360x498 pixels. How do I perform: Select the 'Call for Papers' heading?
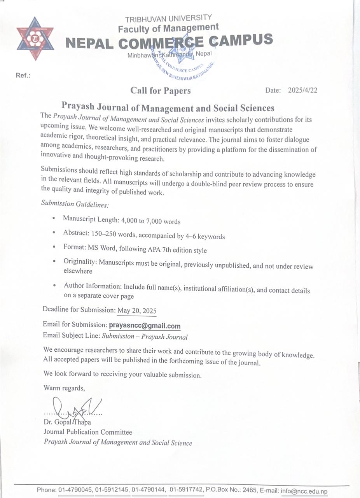tap(161, 91)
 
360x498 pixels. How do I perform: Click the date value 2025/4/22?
tap(302, 90)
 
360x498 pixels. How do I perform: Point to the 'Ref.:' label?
tap(23, 75)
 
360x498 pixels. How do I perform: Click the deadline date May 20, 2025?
tap(137, 310)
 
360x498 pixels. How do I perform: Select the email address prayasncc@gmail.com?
tap(145, 326)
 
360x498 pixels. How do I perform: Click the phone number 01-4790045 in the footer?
tap(75, 490)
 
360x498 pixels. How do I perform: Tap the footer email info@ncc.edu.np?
tap(304, 491)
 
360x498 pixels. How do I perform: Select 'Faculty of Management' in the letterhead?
tap(168, 28)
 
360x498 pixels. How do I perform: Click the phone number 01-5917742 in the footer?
tap(186, 490)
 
